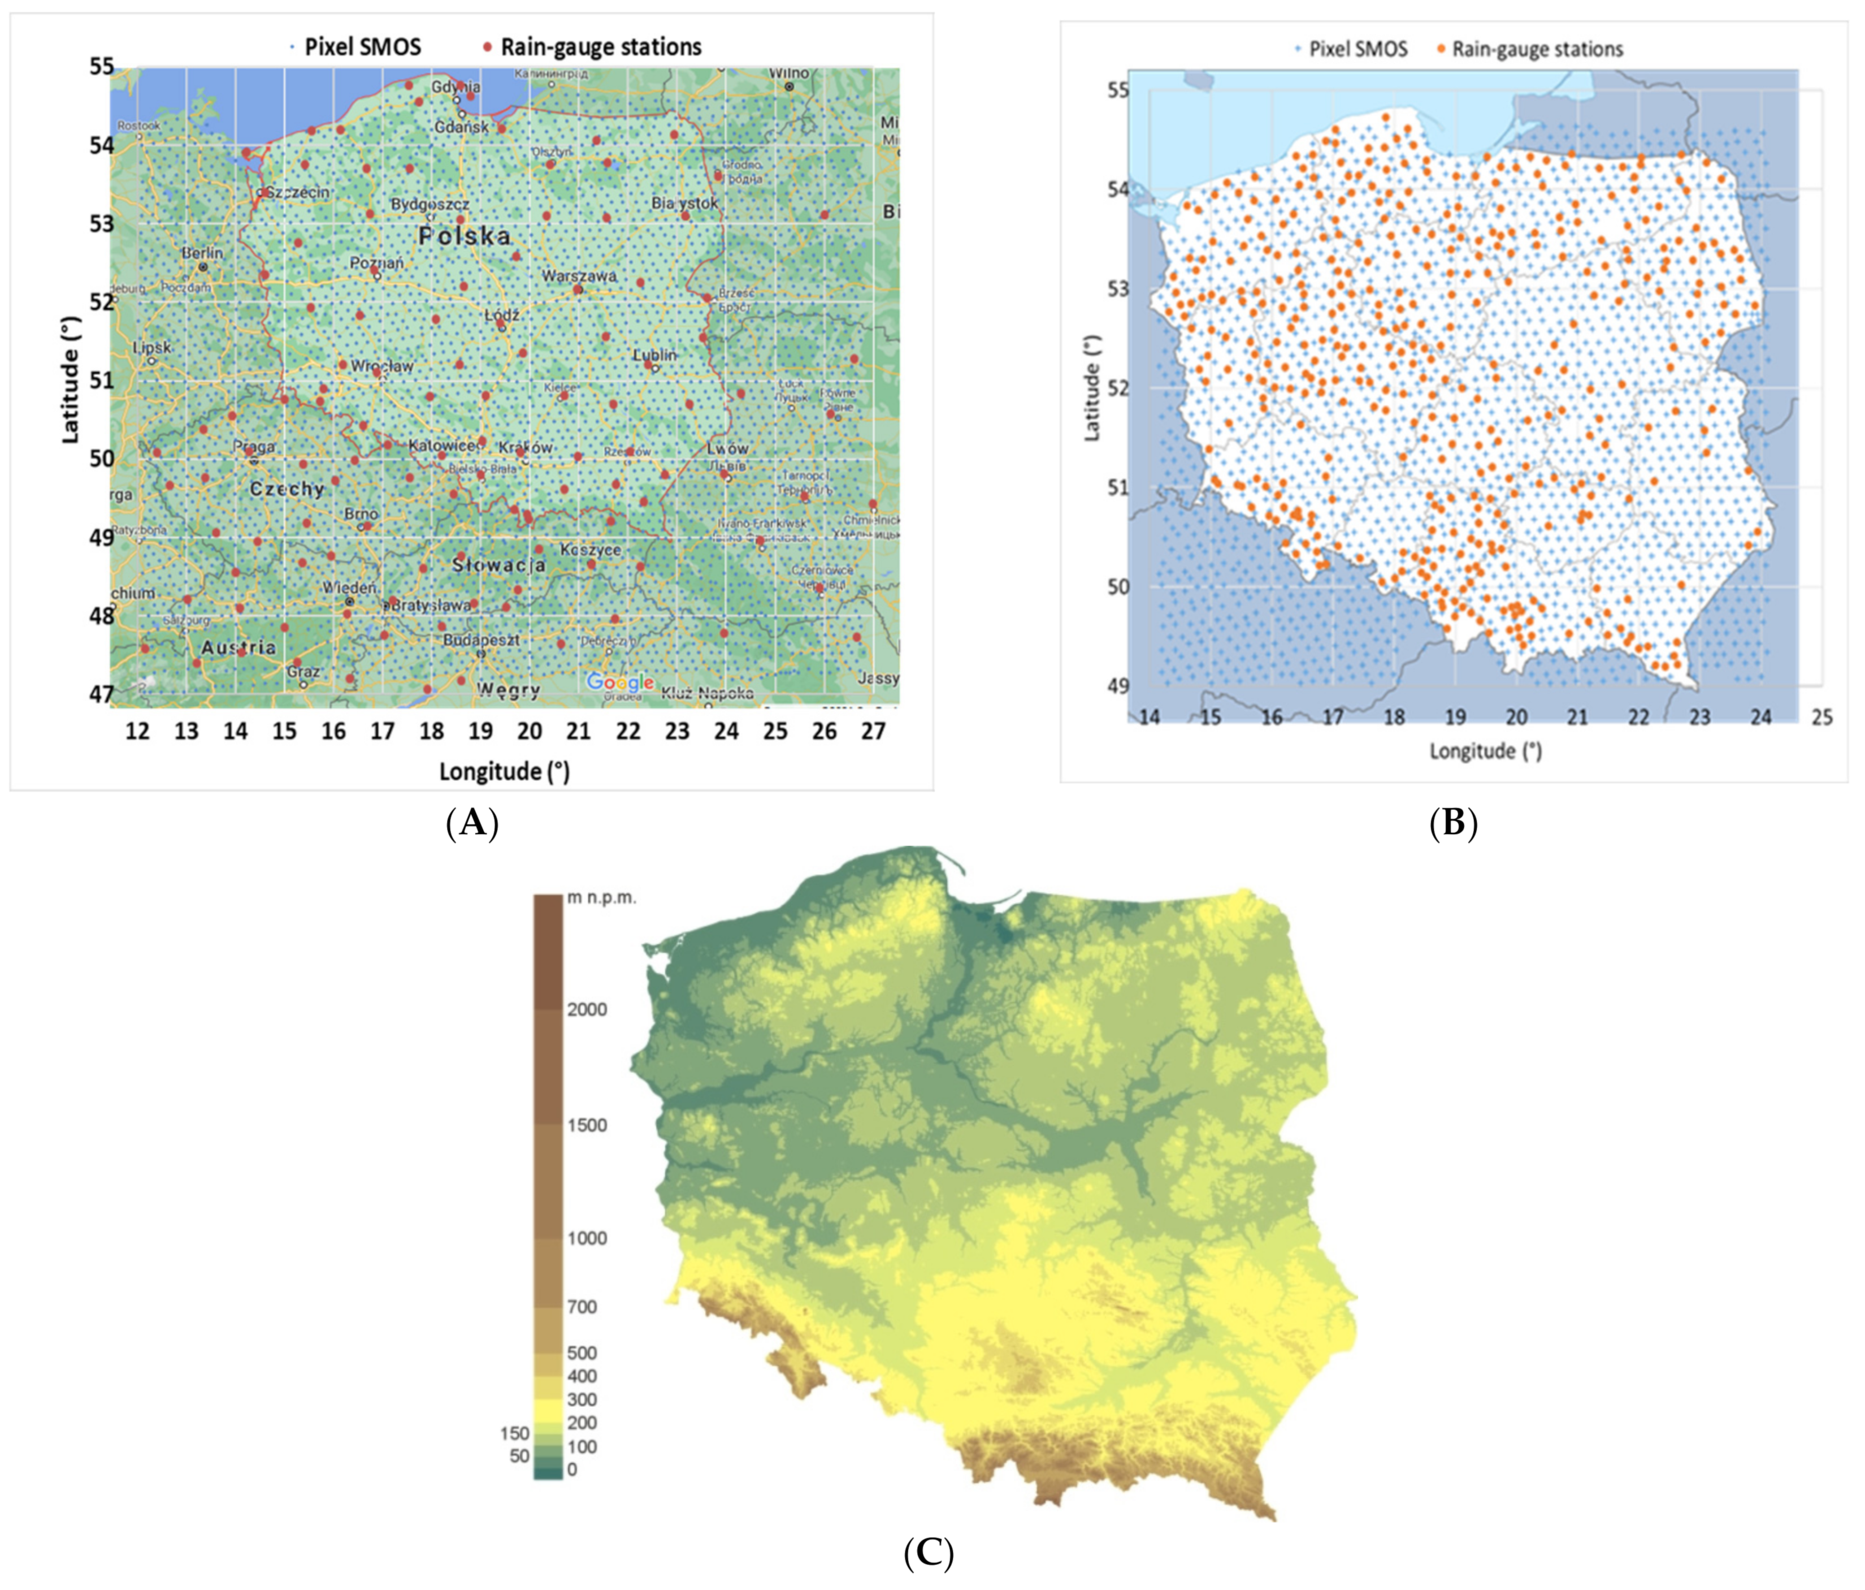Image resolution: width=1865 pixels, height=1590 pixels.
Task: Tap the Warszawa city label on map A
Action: pyautogui.click(x=579, y=275)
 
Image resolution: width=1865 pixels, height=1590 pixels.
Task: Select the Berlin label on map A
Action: pyautogui.click(x=202, y=253)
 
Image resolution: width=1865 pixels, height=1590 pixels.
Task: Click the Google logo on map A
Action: pyautogui.click(x=619, y=682)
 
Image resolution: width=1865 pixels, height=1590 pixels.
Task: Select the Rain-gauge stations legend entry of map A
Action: pyautogui.click(x=600, y=47)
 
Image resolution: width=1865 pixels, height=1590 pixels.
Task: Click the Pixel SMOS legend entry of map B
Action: pyautogui.click(x=1357, y=50)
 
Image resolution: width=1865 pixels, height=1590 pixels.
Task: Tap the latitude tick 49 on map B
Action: pyautogui.click(x=1117, y=686)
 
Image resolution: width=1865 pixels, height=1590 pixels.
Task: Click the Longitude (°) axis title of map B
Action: pyautogui.click(x=1485, y=751)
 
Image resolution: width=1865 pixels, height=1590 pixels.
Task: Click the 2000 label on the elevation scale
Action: pyautogui.click(x=586, y=1009)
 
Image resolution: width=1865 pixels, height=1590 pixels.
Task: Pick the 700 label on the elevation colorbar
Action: pyautogui.click(x=582, y=1306)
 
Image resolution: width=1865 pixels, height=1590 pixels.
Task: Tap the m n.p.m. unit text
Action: pyautogui.click(x=600, y=898)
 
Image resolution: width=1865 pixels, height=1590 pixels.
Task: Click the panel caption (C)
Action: pyautogui.click(x=928, y=1552)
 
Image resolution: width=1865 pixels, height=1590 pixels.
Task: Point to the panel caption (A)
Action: pyautogui.click(x=472, y=823)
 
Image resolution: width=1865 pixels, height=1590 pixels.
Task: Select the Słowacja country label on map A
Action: pyautogui.click(x=498, y=564)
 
